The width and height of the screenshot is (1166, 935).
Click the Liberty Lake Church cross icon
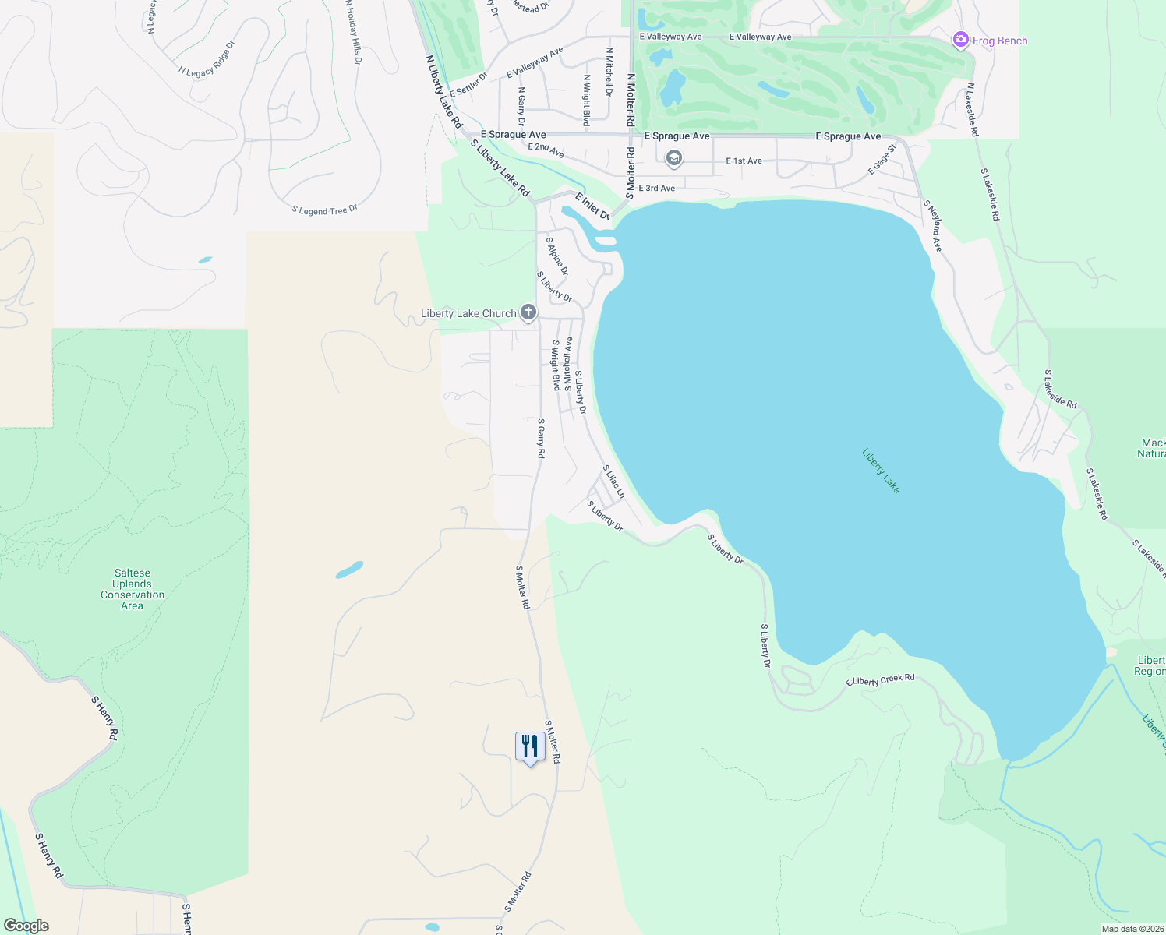528,313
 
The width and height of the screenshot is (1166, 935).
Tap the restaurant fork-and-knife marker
530,746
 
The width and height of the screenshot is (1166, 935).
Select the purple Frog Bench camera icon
961,40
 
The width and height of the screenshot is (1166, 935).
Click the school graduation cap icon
673,159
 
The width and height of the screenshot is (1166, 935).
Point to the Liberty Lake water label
882,470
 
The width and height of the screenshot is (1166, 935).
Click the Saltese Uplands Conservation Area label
132,589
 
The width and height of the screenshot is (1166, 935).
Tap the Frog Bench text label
1000,41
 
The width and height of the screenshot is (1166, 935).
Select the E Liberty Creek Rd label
880,680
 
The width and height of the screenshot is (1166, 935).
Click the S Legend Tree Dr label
325,210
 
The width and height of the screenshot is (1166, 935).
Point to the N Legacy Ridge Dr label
206,61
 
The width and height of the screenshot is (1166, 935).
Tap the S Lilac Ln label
613,482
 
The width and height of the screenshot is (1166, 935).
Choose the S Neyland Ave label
933,226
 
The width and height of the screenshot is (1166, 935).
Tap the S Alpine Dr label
557,256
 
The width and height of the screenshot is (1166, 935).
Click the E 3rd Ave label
657,188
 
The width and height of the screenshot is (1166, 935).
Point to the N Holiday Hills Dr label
353,33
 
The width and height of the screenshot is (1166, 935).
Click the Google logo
26,925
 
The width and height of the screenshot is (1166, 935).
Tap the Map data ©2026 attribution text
1132,929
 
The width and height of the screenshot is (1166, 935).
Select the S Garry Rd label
541,438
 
